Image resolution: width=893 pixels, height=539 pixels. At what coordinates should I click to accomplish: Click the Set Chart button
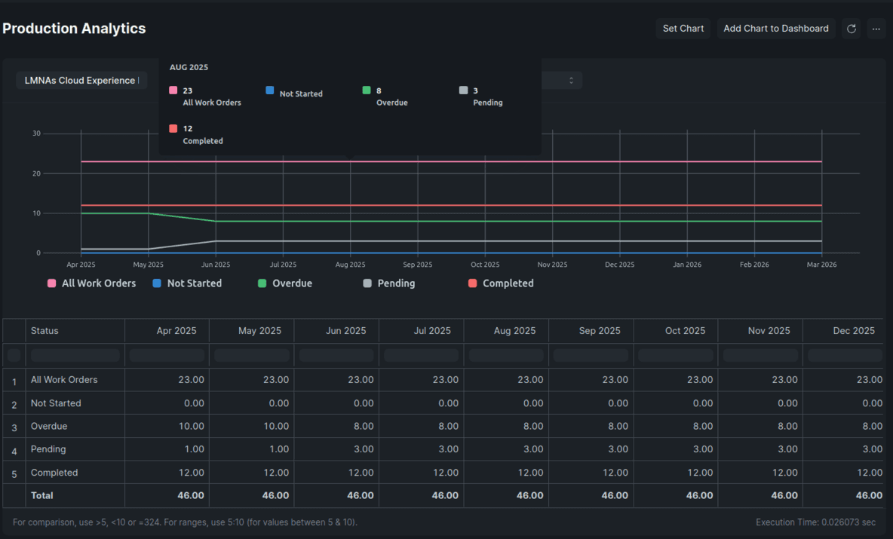point(683,29)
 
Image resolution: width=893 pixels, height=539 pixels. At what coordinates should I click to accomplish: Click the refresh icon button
point(851,29)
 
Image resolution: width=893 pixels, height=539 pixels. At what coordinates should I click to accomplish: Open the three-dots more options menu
point(876,29)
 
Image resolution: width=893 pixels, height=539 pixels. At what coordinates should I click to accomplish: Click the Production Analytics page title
point(74,29)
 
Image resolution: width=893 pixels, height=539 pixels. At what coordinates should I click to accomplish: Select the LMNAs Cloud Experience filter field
point(81,81)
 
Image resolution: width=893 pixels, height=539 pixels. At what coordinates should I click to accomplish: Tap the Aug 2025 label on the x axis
point(350,265)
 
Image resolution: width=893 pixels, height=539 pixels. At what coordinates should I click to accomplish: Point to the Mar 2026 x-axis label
point(821,265)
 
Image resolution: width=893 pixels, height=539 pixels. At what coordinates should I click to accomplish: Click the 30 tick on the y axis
point(36,133)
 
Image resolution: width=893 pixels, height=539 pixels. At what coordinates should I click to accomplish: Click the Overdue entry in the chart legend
point(292,283)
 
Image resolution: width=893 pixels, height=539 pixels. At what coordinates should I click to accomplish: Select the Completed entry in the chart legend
point(508,283)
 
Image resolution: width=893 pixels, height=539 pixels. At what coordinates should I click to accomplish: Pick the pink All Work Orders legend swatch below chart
point(51,283)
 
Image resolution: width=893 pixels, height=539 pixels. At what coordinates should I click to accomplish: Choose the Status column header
point(44,330)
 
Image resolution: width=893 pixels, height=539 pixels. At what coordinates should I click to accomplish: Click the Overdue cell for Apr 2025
point(191,426)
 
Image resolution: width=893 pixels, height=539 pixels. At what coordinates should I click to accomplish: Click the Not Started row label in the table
point(56,403)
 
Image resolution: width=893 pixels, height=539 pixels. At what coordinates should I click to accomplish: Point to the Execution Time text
point(815,522)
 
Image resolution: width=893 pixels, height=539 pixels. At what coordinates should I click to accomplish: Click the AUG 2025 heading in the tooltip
point(189,67)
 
